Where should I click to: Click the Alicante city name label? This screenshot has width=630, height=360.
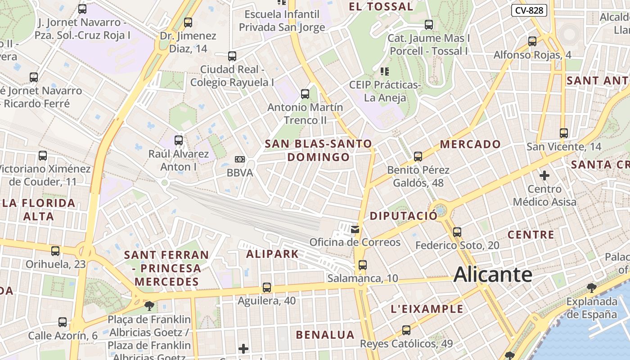click(493, 274)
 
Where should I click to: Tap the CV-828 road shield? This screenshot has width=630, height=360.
click(529, 10)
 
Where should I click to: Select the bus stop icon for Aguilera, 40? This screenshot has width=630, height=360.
click(267, 287)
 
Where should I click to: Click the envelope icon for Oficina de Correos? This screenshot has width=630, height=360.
click(355, 229)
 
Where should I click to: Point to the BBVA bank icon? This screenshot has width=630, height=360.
click(240, 159)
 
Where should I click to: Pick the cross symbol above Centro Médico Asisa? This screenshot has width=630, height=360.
click(544, 175)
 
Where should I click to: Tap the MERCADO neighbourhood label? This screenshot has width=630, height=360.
click(470, 144)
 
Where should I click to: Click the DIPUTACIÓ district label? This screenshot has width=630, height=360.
click(403, 216)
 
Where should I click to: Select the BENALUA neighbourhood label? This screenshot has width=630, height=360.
click(325, 335)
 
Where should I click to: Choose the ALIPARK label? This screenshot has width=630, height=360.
click(272, 254)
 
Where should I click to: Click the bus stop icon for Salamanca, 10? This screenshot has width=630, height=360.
click(363, 265)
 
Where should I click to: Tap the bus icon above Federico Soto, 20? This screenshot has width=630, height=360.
click(457, 232)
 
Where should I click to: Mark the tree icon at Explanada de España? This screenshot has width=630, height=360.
click(592, 288)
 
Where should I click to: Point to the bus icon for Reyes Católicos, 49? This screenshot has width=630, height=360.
click(406, 330)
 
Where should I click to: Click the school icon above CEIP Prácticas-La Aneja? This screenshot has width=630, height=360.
click(385, 71)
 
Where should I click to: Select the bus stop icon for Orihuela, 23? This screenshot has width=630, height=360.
click(55, 251)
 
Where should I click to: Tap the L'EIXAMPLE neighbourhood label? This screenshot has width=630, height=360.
click(427, 309)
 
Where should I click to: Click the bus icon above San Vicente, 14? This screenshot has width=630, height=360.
click(564, 133)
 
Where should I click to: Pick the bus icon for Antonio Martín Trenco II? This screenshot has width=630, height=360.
click(305, 94)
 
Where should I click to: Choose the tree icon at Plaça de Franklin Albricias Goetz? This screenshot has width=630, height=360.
click(149, 306)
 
